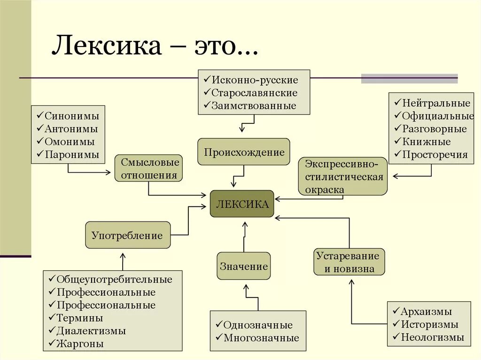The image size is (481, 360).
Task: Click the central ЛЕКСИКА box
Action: click(242, 204)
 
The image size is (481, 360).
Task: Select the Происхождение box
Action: click(244, 152)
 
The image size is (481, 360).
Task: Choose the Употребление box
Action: click(127, 235)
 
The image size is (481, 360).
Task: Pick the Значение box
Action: click(244, 266)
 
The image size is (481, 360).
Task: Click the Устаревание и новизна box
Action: click(349, 262)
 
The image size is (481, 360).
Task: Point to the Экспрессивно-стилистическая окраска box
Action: click(342, 176)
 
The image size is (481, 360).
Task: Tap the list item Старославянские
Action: click(254, 92)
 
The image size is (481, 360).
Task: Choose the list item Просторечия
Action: click(434, 154)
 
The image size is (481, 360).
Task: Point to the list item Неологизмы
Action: click(432, 337)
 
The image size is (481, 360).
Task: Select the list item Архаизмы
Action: click(426, 311)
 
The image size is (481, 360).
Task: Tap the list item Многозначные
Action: click(261, 337)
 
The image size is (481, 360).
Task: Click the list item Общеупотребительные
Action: click(114, 279)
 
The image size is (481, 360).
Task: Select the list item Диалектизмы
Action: click(91, 330)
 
